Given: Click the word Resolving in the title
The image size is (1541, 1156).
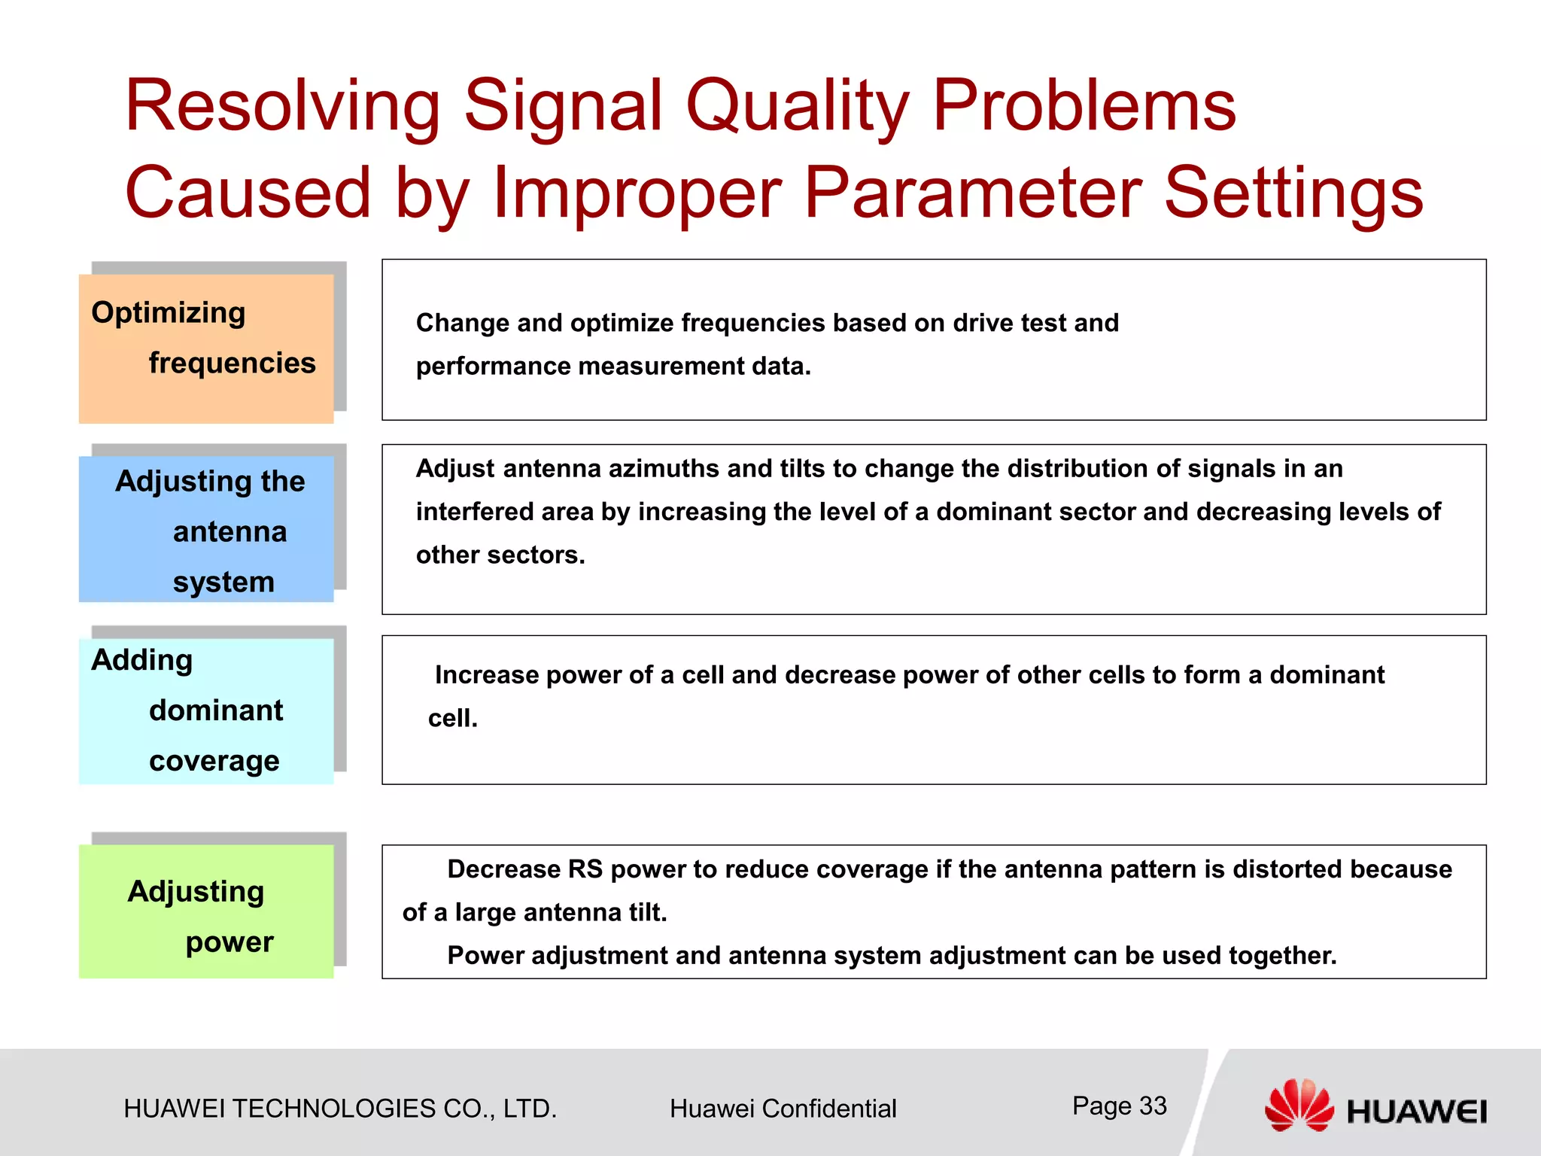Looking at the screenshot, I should click(282, 107).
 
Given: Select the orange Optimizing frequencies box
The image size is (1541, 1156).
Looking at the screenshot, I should click(206, 348).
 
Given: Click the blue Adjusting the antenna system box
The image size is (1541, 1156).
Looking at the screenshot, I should click(206, 528).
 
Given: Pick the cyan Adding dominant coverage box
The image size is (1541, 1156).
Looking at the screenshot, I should click(206, 710).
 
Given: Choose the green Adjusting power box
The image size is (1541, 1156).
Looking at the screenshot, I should click(206, 911).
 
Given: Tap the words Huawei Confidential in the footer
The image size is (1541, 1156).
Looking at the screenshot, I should click(783, 1109).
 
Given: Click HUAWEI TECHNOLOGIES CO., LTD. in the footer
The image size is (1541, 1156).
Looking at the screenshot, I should click(340, 1109).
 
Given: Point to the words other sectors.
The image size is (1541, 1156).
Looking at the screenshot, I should click(500, 555).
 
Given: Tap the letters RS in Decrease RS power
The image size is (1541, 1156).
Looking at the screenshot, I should click(585, 869).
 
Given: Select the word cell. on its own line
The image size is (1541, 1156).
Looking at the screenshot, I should click(453, 719).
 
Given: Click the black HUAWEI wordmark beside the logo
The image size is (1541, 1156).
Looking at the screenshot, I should click(1416, 1112).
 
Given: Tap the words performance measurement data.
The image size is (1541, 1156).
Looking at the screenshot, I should click(613, 367).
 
